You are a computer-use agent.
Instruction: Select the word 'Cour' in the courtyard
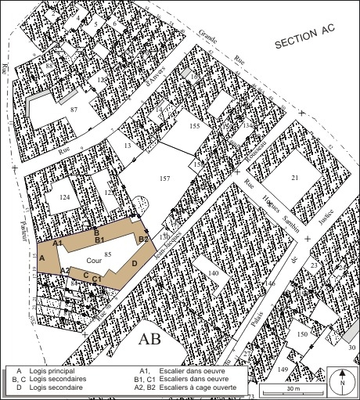point(94,259)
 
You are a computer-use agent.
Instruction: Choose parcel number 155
point(195,125)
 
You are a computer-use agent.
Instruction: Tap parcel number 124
point(64,198)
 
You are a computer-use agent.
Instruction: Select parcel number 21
point(295,178)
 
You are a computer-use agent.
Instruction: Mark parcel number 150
point(302,334)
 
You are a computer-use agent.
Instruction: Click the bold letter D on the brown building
point(134,264)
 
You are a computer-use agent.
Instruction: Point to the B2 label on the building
point(143,239)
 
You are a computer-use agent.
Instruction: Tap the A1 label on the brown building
point(58,243)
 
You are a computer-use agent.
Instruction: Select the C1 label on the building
point(96,279)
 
